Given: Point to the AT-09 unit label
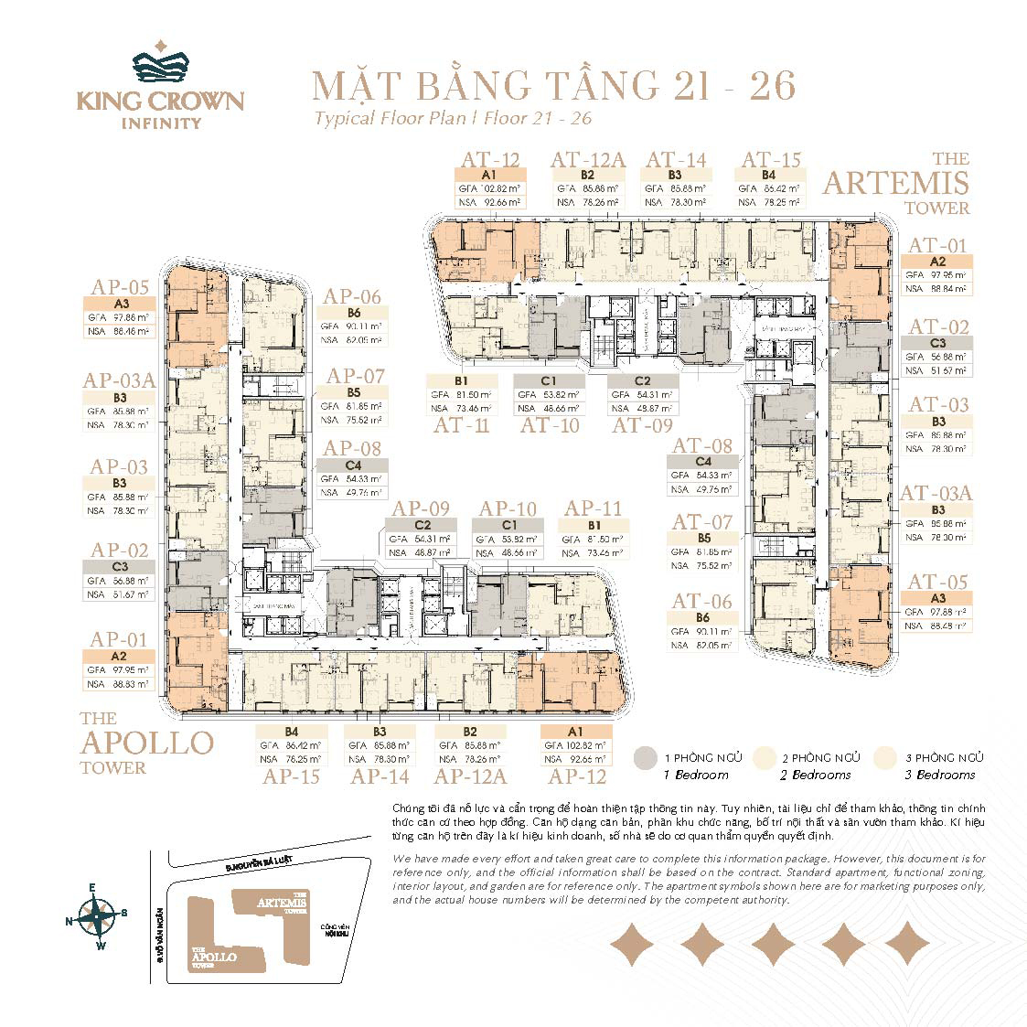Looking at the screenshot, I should click(642, 424).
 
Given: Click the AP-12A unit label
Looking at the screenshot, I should click(470, 776).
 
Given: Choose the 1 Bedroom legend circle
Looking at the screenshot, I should click(647, 758).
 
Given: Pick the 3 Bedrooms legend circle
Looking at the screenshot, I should click(885, 758).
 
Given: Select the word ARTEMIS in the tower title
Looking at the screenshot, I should click(894, 183).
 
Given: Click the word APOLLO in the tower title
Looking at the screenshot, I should click(146, 743).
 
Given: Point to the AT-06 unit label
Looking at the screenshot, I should click(702, 601).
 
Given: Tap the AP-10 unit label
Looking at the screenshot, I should click(508, 508).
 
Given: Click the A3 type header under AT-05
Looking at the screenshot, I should click(937, 598).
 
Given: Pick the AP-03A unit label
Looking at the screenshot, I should click(118, 381).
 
